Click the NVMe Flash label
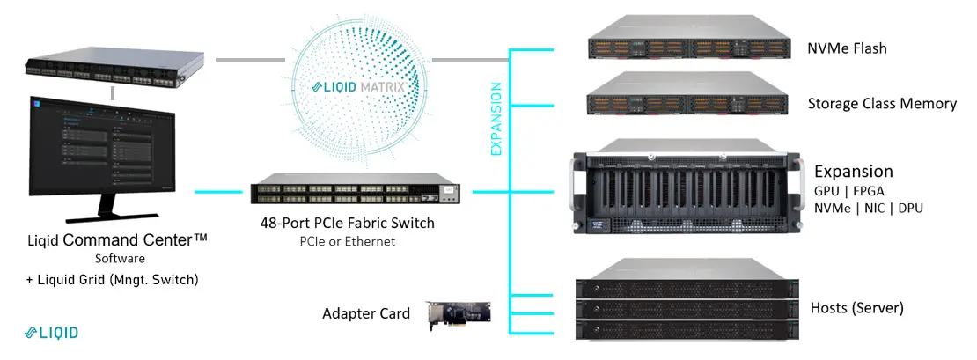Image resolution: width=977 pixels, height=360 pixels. (847, 48)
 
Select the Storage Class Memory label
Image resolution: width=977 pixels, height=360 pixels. (882, 104)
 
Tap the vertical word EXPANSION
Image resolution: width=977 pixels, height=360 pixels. (496, 119)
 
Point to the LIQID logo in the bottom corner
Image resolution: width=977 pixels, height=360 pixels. (51, 333)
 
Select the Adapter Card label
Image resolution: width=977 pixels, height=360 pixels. (366, 313)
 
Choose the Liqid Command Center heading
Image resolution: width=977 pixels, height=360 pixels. (117, 239)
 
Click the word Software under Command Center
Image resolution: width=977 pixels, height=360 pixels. (118, 260)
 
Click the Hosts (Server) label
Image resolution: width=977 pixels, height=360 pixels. (856, 308)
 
